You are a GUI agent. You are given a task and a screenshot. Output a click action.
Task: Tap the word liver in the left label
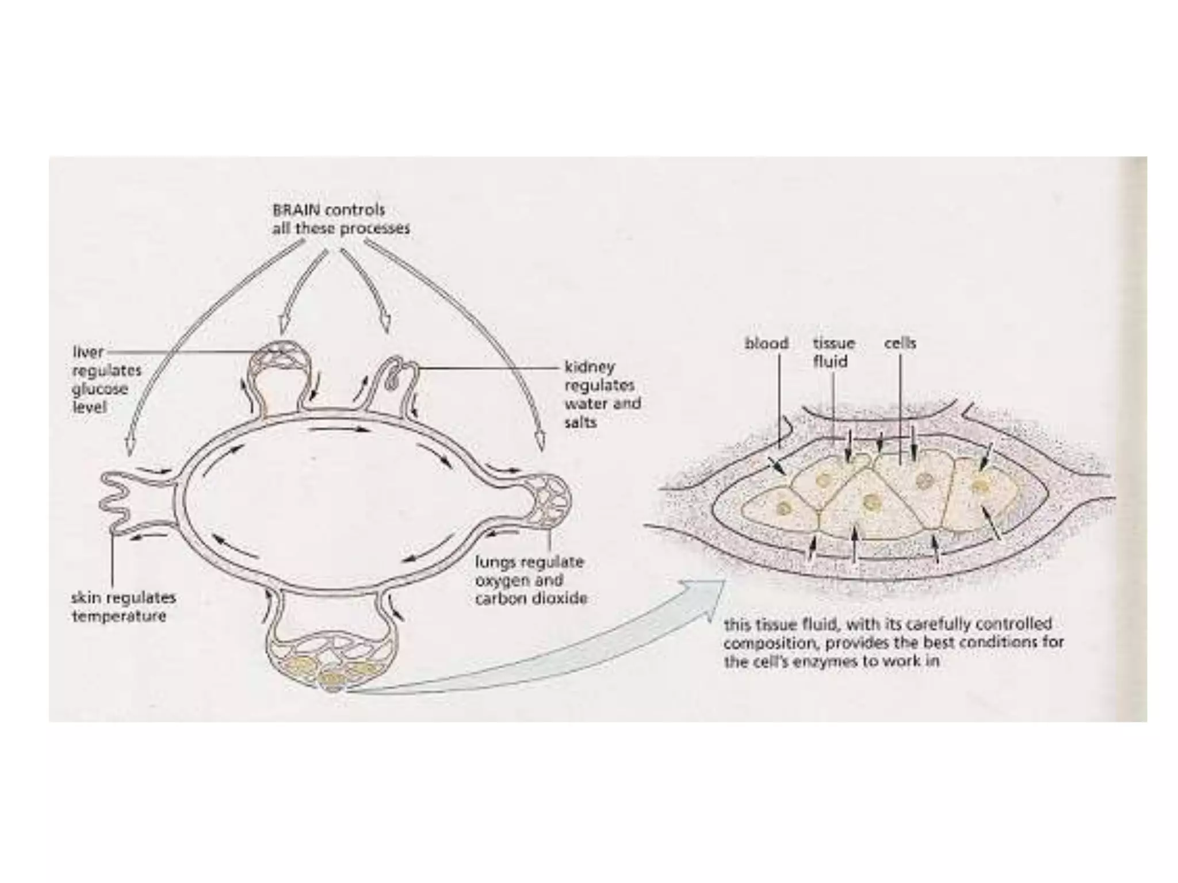tap(88, 352)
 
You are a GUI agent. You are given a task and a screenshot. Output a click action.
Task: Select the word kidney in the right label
tap(589, 367)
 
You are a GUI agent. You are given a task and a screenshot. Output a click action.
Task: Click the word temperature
tap(118, 616)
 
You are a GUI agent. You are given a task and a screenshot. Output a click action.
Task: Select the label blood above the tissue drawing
tap(766, 343)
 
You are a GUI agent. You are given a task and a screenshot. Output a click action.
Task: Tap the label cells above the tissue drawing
tap(900, 343)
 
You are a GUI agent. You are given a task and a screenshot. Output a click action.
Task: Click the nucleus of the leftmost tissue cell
tap(783, 508)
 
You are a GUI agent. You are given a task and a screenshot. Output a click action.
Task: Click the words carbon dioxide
tap(530, 598)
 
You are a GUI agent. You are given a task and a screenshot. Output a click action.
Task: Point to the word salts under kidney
tap(580, 422)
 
